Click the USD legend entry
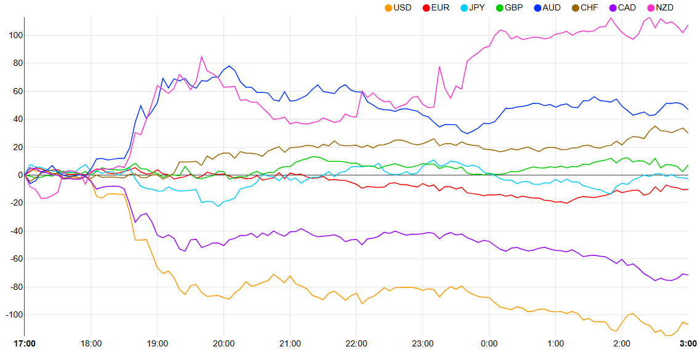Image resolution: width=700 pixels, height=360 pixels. click(x=398, y=7)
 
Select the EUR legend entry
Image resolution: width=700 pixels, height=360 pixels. click(x=436, y=7)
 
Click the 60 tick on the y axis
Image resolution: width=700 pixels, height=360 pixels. click(x=14, y=91)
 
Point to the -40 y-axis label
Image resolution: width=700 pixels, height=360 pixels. click(x=13, y=231)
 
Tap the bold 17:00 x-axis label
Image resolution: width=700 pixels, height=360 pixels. click(x=25, y=343)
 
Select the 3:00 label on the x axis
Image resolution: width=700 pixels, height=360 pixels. click(x=688, y=343)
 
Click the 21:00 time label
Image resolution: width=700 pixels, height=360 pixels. click(x=290, y=343)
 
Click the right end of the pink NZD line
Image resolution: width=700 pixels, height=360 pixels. click(x=688, y=25)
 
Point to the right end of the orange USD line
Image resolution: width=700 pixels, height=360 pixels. click(x=688, y=324)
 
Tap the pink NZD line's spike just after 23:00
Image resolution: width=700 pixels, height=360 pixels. click(x=440, y=66)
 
